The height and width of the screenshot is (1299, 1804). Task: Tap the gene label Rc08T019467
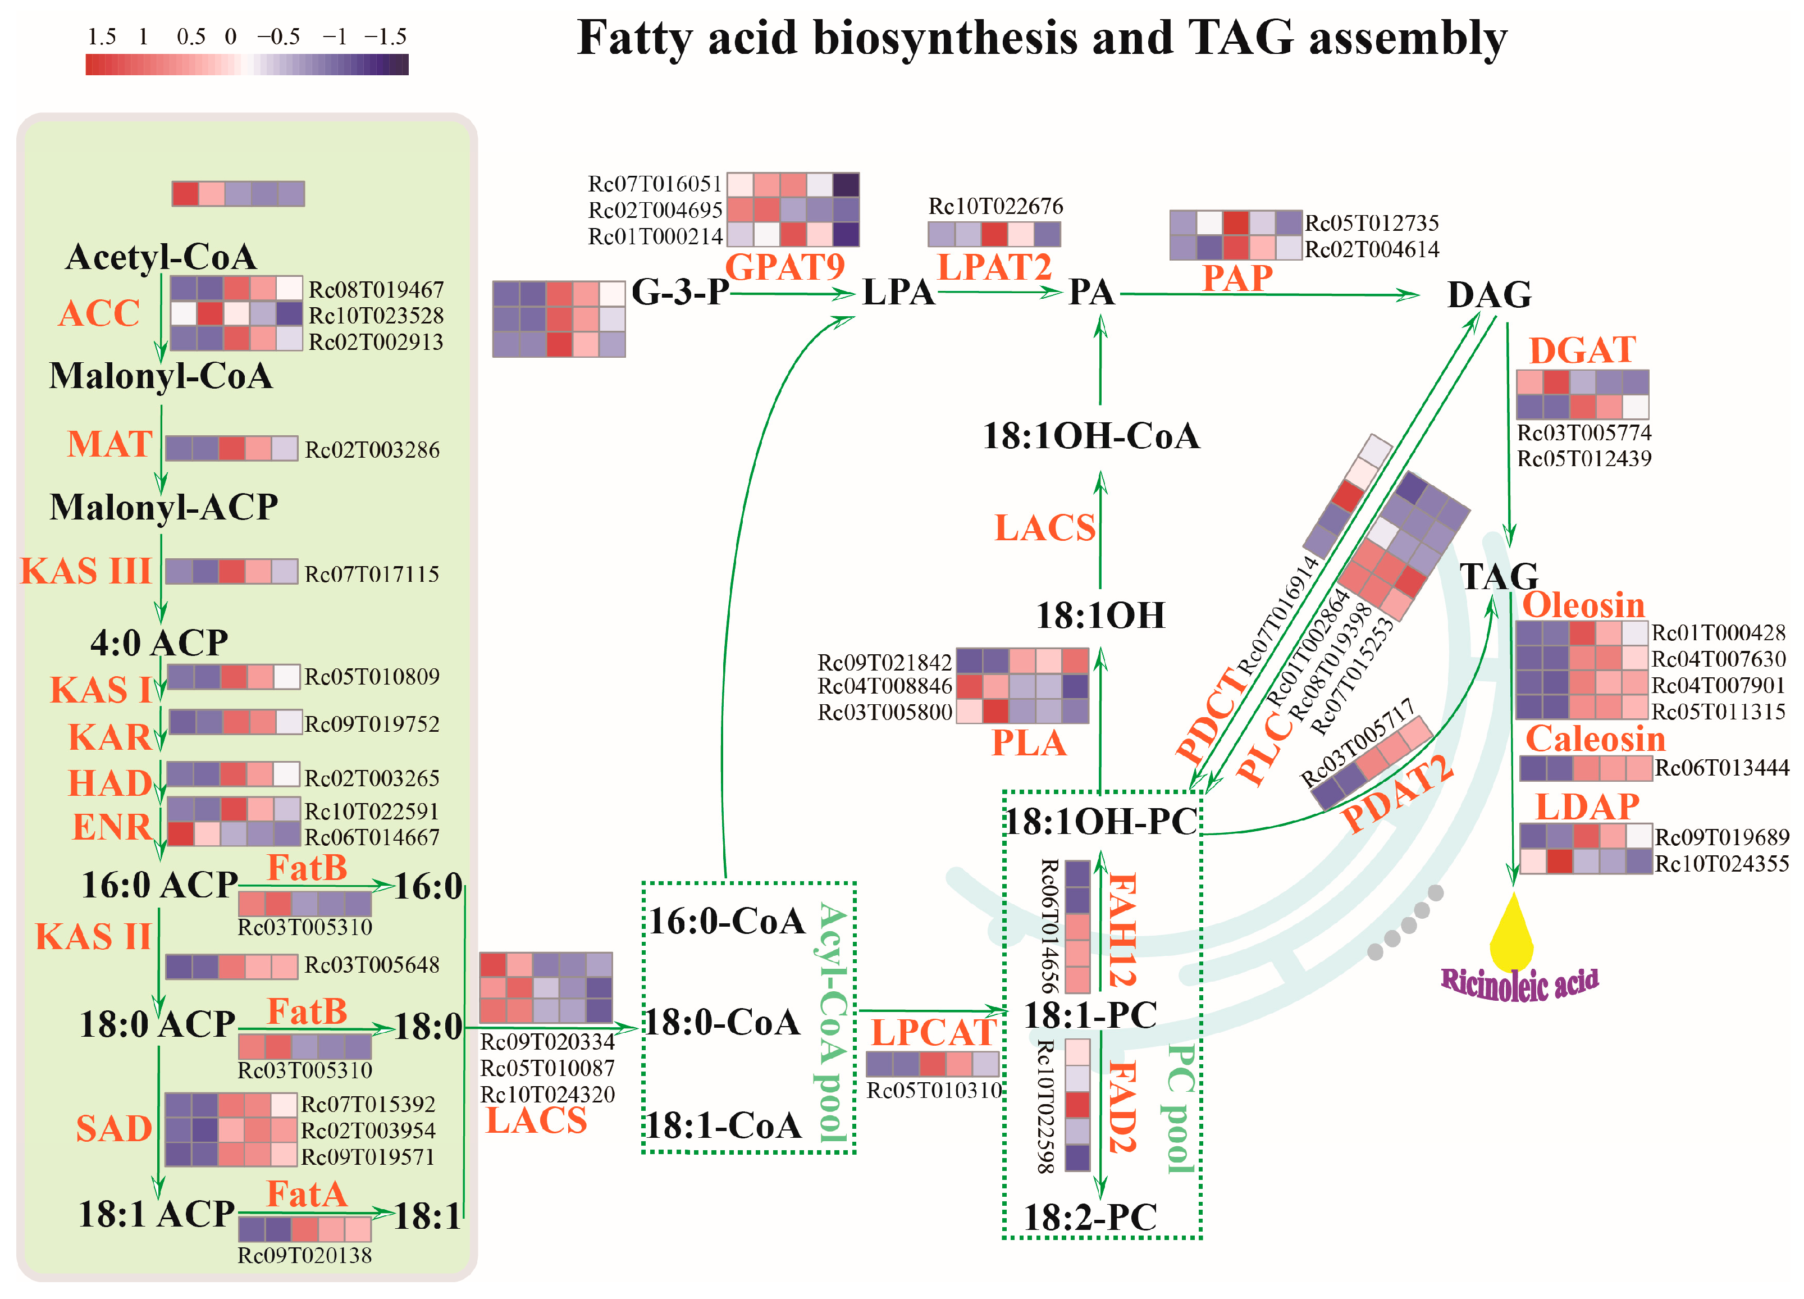pos(376,290)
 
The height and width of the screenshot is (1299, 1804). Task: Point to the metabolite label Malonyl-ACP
pos(164,507)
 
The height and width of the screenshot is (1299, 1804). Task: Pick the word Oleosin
pos(1583,605)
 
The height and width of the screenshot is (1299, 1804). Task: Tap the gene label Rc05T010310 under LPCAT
pos(934,1090)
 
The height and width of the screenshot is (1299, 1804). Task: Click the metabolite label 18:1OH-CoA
pos(1090,436)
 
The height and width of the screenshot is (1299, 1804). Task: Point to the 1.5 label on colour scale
pos(102,37)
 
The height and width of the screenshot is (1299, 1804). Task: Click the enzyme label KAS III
pos(86,571)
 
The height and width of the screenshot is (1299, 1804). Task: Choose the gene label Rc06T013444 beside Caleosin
pos(1722,768)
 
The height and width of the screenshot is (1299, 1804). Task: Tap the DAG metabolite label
pos(1489,294)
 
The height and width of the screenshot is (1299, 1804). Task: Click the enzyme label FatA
pos(306,1194)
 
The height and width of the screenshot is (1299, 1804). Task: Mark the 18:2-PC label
pos(1090,1217)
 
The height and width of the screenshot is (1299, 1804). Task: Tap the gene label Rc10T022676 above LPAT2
pos(995,207)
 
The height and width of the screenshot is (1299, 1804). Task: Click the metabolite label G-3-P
pos(680,292)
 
